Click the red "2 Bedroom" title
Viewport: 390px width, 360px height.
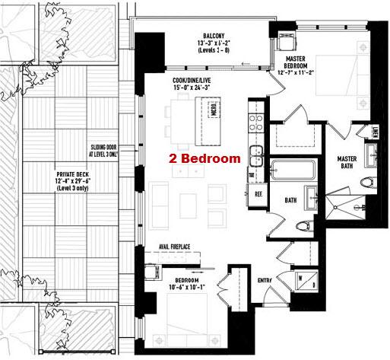[205, 159]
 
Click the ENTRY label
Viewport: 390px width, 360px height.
[265, 281]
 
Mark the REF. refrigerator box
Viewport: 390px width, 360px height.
[258, 194]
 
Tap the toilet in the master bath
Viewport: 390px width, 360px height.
[368, 182]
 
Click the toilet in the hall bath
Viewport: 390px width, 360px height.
[303, 225]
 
